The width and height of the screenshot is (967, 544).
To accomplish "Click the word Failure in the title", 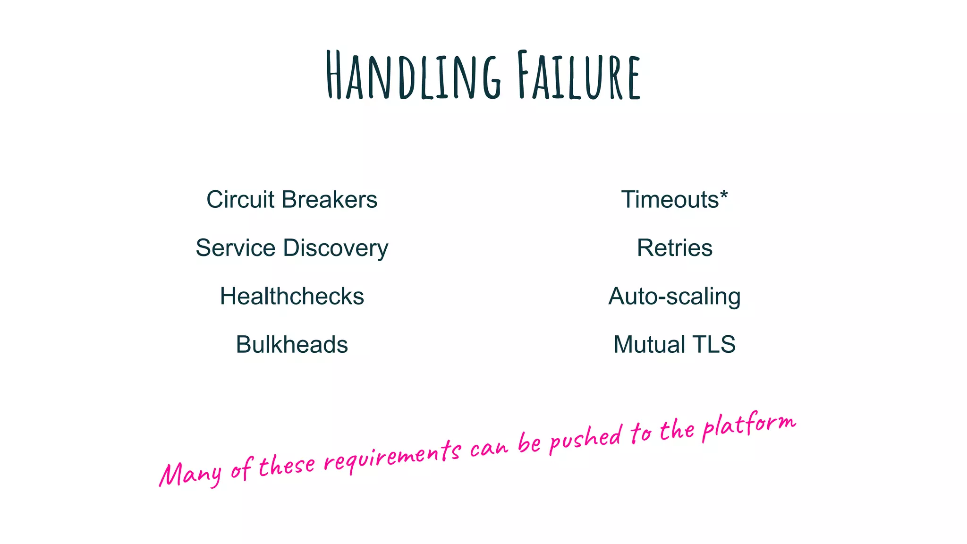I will click(x=578, y=76).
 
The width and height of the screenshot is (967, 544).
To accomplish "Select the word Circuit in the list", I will click(x=240, y=199).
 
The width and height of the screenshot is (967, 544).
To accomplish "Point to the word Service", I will click(x=235, y=248).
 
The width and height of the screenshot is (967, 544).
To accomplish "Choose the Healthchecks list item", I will click(x=292, y=297).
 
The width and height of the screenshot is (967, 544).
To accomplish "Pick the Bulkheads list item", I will click(x=292, y=345).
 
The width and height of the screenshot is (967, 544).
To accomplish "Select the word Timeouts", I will click(x=670, y=199).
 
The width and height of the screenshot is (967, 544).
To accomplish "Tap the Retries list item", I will click(x=674, y=248).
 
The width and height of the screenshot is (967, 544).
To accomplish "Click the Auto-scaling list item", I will click(x=674, y=297).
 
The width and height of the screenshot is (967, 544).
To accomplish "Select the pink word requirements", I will click(x=392, y=457).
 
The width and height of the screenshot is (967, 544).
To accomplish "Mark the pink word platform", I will click(x=748, y=425).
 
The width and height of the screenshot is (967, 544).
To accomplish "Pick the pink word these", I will click(x=287, y=465).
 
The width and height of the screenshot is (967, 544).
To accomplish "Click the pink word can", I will click(x=489, y=447).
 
